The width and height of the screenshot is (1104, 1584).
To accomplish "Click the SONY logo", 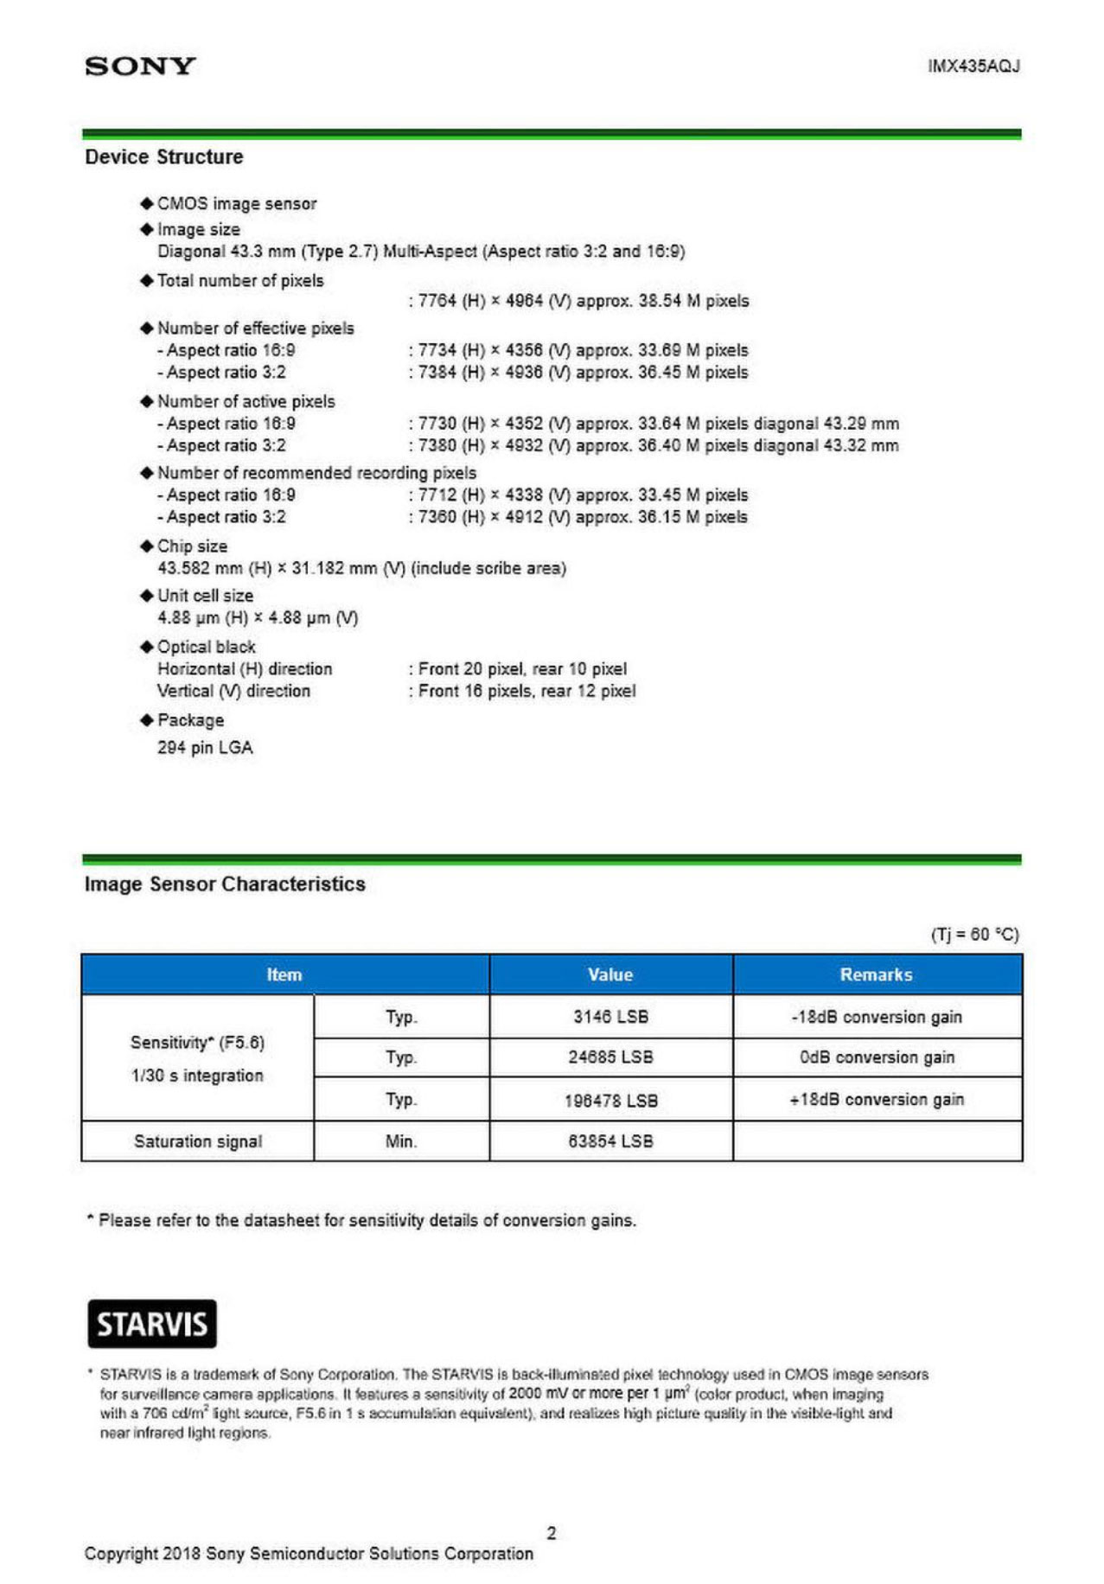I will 140,67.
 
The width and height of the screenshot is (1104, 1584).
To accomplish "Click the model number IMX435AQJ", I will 973,67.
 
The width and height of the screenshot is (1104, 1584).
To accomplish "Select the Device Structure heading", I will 163,157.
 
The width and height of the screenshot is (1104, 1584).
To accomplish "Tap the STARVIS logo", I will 152,1324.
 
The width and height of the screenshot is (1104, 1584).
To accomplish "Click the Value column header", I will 610,974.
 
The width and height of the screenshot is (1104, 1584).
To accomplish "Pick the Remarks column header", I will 876,974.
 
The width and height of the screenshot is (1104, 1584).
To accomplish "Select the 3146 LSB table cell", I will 610,1017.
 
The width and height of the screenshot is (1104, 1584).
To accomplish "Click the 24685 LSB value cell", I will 610,1057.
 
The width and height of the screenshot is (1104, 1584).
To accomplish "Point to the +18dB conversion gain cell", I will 876,1100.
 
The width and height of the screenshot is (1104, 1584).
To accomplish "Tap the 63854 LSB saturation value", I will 610,1141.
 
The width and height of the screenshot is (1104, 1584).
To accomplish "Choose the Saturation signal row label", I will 198,1141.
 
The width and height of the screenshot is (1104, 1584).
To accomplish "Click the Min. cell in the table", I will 401,1141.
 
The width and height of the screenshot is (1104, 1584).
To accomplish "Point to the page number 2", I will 552,1533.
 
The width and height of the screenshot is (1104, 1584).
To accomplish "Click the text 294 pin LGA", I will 205,748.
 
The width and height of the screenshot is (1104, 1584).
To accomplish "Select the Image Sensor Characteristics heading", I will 225,885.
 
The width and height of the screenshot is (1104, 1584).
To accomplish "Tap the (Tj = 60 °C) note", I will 974,935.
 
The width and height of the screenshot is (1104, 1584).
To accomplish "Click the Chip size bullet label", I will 192,546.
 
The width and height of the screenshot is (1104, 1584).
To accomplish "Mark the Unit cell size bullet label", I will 205,596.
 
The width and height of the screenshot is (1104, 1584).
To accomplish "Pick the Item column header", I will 284,974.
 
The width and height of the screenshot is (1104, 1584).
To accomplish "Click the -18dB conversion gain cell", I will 876,1017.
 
